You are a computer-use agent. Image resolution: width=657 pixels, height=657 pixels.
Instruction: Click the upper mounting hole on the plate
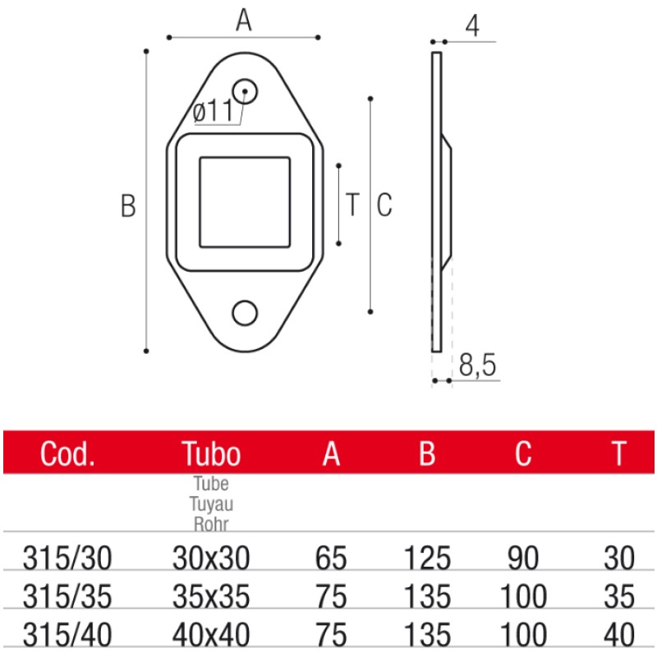(x=245, y=91)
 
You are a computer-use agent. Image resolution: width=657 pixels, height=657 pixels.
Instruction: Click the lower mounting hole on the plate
(x=245, y=313)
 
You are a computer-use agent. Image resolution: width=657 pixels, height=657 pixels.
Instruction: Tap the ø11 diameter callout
(x=213, y=111)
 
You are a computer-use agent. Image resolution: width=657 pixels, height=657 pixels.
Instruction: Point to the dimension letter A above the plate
(x=243, y=20)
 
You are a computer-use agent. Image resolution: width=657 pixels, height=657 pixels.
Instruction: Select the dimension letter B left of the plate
(x=128, y=205)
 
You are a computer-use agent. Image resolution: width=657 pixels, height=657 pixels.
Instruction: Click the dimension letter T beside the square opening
(x=353, y=204)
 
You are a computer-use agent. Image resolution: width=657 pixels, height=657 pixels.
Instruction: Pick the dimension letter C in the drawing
(x=384, y=204)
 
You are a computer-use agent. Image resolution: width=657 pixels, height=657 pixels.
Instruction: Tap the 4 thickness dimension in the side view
(x=472, y=26)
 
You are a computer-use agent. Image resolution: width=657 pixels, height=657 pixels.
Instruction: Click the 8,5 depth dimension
(x=477, y=365)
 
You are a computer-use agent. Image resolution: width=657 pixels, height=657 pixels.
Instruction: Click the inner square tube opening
(x=245, y=202)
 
